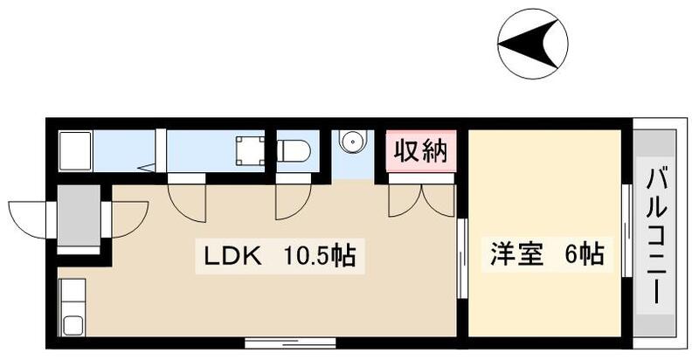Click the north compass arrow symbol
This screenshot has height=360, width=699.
pyautogui.click(x=532, y=42)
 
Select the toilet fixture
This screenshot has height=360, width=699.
pyautogui.click(x=294, y=150)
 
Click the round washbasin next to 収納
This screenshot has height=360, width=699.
pyautogui.click(x=352, y=142)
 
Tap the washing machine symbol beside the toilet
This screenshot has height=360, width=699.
pyautogui.click(x=250, y=150)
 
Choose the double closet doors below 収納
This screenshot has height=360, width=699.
pyautogui.click(x=422, y=199)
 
